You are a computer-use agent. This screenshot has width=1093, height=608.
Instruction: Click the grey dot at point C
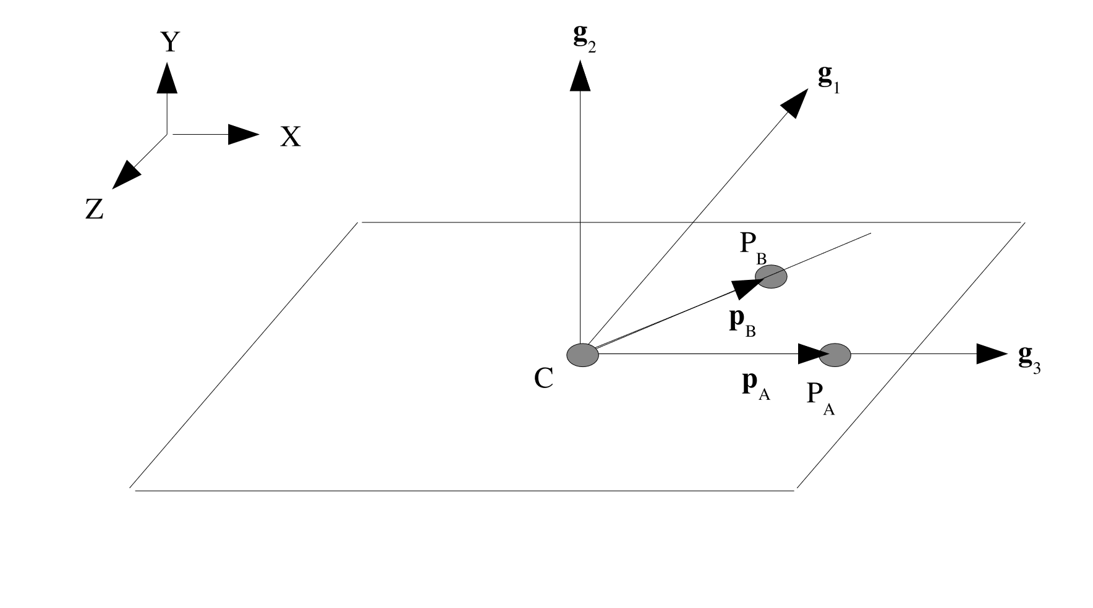coord(582,355)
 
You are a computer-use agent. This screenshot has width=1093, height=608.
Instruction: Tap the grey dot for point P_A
coord(835,355)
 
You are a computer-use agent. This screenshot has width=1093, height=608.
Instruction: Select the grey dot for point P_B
coord(771,276)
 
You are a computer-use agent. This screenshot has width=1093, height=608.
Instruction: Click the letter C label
coord(543,379)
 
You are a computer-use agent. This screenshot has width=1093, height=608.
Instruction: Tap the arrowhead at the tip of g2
coord(580,76)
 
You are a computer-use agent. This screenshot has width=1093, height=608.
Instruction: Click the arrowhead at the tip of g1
coord(796,101)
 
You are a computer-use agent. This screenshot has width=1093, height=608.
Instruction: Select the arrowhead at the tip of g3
coord(992,354)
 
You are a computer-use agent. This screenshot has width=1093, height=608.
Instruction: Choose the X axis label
coord(291,137)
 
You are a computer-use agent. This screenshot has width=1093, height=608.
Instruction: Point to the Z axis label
coord(94,210)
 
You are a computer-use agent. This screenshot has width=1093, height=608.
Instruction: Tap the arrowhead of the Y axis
coord(167,78)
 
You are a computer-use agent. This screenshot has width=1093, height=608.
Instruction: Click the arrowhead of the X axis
coord(243,134)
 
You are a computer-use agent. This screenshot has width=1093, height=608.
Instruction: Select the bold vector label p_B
coord(742,323)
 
